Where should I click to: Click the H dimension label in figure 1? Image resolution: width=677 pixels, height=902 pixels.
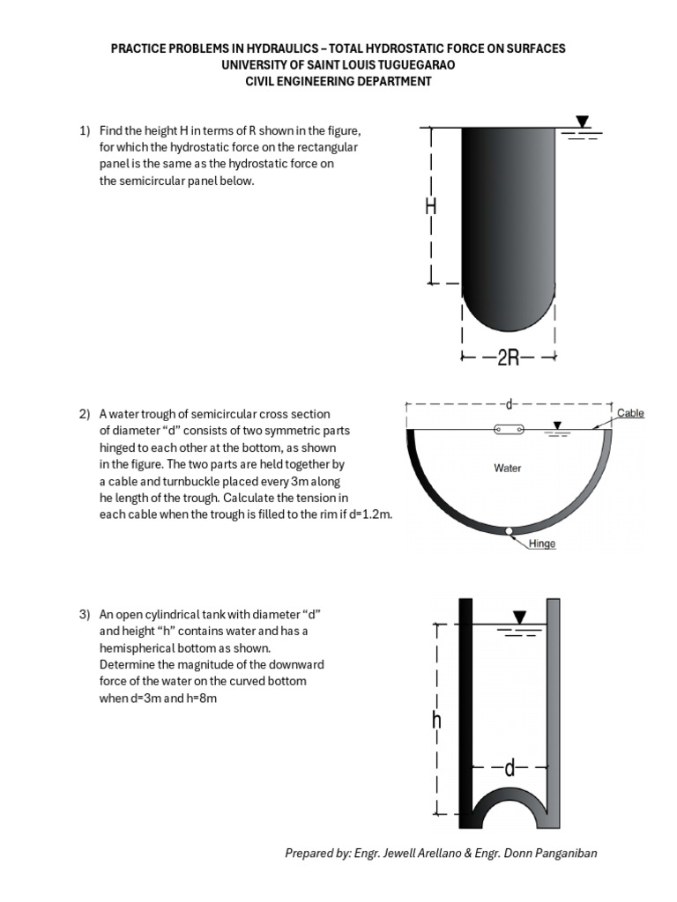(431, 207)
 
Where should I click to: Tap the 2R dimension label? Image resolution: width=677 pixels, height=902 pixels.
(509, 357)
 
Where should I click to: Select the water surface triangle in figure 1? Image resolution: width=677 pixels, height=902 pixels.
(581, 122)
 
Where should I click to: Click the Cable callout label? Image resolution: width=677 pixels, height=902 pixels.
(630, 413)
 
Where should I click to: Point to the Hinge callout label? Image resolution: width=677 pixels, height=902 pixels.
(542, 543)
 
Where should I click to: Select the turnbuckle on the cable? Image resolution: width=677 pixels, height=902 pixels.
(509, 429)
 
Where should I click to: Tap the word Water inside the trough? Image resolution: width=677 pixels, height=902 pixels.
(508, 469)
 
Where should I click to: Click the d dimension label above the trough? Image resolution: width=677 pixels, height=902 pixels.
(509, 405)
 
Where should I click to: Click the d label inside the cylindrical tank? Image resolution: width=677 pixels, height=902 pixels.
(509, 768)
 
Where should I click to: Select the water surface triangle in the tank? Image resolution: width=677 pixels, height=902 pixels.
(520, 616)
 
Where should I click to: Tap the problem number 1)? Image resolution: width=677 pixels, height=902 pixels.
(86, 130)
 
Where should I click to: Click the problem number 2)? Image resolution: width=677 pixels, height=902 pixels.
(86, 414)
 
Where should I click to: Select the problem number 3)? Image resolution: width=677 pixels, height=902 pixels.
(86, 613)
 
